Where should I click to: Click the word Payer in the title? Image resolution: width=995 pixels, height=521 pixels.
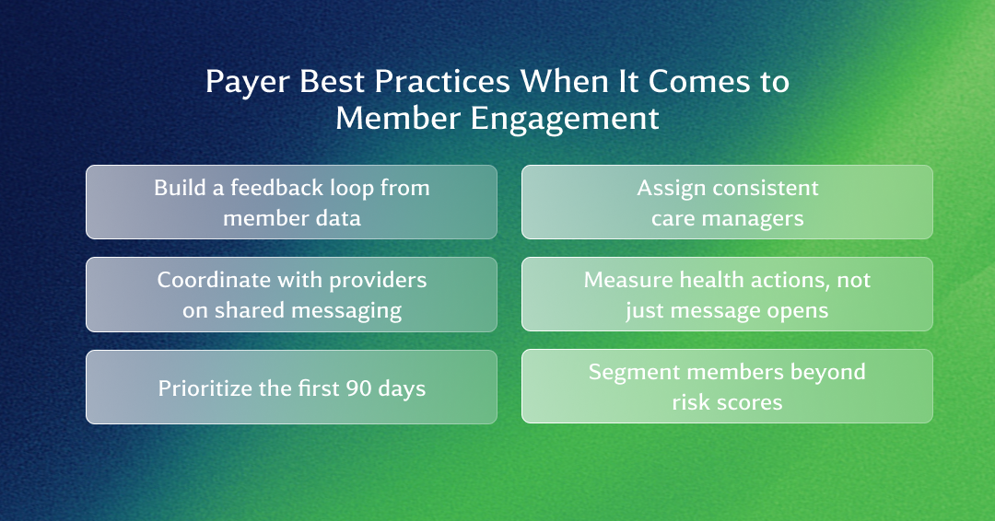[248, 83]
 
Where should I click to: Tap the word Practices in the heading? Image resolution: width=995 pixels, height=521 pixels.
[442, 81]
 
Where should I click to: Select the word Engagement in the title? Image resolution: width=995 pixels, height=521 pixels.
[565, 119]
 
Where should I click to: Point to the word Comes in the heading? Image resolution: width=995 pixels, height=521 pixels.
[698, 82]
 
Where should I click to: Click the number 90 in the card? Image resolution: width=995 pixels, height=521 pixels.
[358, 388]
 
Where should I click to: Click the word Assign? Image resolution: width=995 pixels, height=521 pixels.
[671, 189]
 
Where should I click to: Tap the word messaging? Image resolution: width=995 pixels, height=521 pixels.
[346, 311]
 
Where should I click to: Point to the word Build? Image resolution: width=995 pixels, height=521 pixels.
[180, 188]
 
